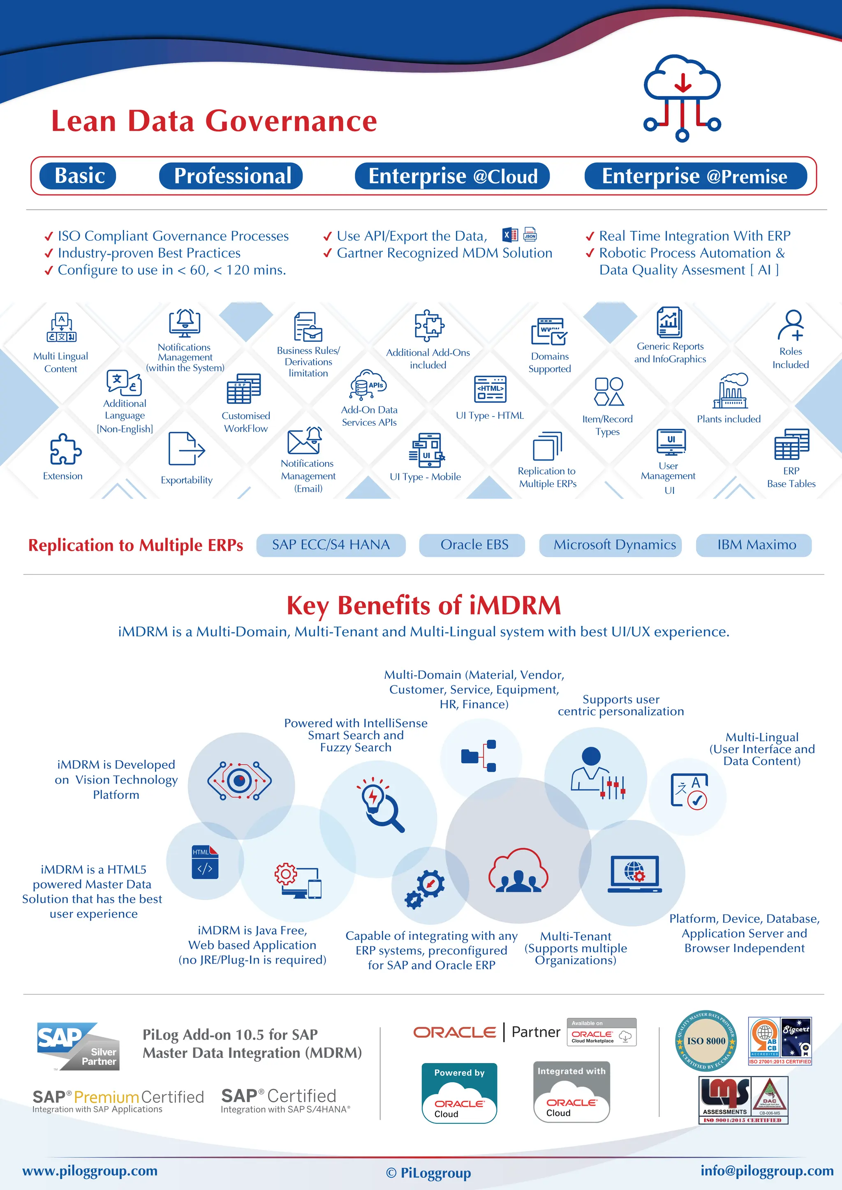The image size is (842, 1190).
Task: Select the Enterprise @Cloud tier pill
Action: (x=452, y=176)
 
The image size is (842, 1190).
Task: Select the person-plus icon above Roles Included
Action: (x=791, y=325)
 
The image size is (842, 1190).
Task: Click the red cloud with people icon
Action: (x=518, y=871)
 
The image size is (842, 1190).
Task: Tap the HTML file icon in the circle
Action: (x=205, y=863)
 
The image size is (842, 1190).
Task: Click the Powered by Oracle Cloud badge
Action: (x=459, y=1093)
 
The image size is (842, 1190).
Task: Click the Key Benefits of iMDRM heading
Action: (x=423, y=605)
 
